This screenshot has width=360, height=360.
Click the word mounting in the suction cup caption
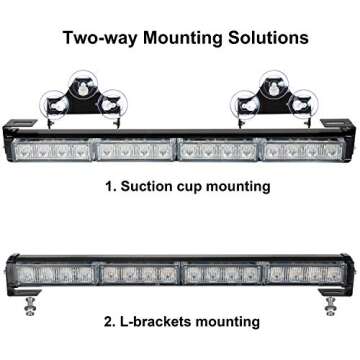pyautogui.click(x=240, y=187)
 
